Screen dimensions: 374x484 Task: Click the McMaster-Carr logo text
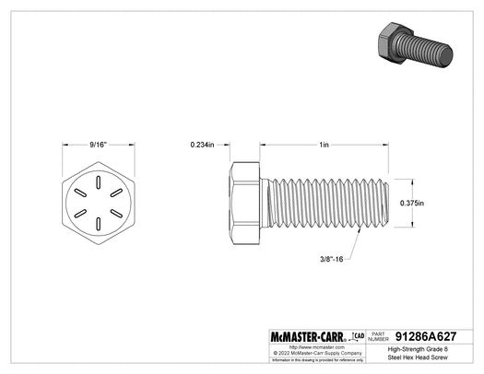pyautogui.click(x=299, y=337)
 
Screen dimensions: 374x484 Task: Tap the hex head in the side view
pyautogui.click(x=244, y=204)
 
